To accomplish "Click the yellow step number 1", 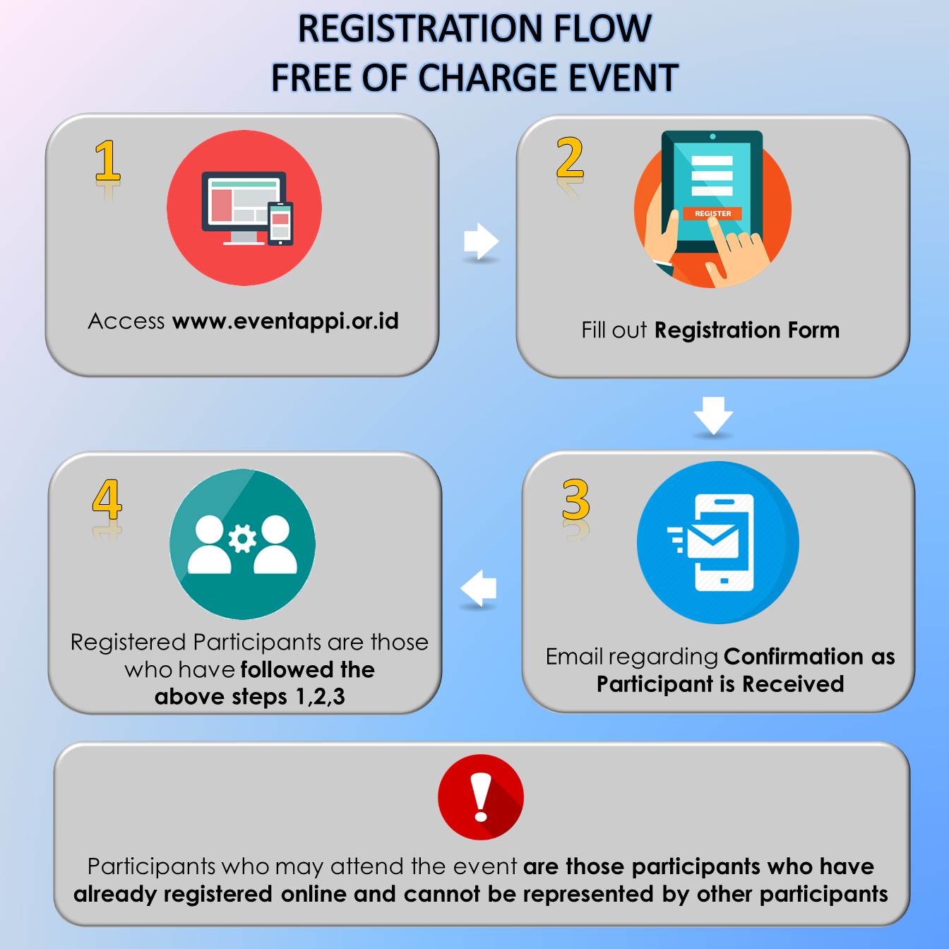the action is (x=108, y=160).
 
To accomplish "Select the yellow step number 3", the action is (x=575, y=499).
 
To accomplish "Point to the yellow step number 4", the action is (x=107, y=499).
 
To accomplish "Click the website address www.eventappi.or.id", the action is (x=285, y=321).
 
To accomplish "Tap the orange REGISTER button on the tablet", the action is (x=712, y=213).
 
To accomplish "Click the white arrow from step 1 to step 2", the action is (x=481, y=241).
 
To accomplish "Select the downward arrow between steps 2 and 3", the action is (x=713, y=415).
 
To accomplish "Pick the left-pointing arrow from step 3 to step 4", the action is (x=478, y=588).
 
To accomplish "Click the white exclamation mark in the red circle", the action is (x=481, y=796).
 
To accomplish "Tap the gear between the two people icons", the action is (x=242, y=539).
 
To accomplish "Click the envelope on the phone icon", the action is (x=712, y=542).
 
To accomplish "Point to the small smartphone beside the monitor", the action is (x=280, y=223).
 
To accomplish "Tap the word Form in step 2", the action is (x=813, y=330).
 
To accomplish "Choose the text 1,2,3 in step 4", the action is (x=320, y=697).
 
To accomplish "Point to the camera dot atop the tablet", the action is (x=712, y=136).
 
